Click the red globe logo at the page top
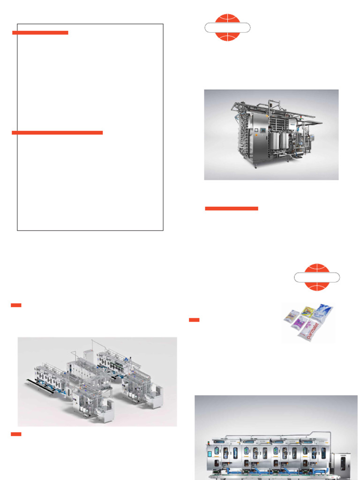pos(227,27)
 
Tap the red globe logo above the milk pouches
pos(317,277)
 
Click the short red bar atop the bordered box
pos(40,33)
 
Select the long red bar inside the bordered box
pos(57,133)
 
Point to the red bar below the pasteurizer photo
pos(232,208)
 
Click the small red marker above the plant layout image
pos(16,306)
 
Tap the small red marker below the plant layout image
pos(16,434)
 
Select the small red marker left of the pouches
pos(194,320)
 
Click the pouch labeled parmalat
pos(310,331)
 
